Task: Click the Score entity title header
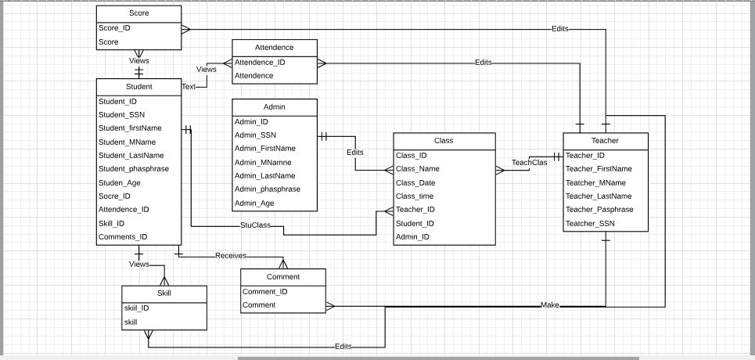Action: point(138,13)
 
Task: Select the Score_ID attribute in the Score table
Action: point(114,28)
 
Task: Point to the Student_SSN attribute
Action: point(121,115)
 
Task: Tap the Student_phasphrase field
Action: point(134,169)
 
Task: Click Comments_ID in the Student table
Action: point(123,237)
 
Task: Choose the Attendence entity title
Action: point(274,48)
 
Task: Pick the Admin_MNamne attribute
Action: point(263,163)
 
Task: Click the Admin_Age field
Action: point(254,203)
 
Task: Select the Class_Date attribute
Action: point(415,183)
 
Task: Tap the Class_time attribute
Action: point(415,196)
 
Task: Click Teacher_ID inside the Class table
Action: point(415,210)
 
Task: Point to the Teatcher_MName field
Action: point(595,183)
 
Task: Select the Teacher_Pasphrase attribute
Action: point(599,210)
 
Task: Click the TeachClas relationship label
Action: point(529,163)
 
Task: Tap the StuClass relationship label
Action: point(255,225)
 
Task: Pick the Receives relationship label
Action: point(231,256)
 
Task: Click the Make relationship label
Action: point(550,305)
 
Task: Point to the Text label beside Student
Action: point(189,87)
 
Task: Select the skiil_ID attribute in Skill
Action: point(136,308)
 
